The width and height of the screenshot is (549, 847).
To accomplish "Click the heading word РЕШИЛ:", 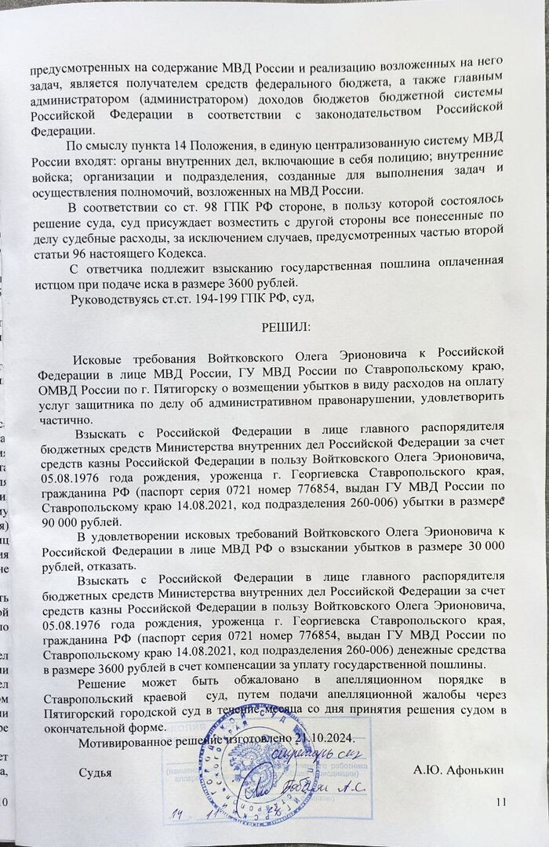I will point(285,325).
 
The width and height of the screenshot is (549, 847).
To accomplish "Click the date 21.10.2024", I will point(325,739).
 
